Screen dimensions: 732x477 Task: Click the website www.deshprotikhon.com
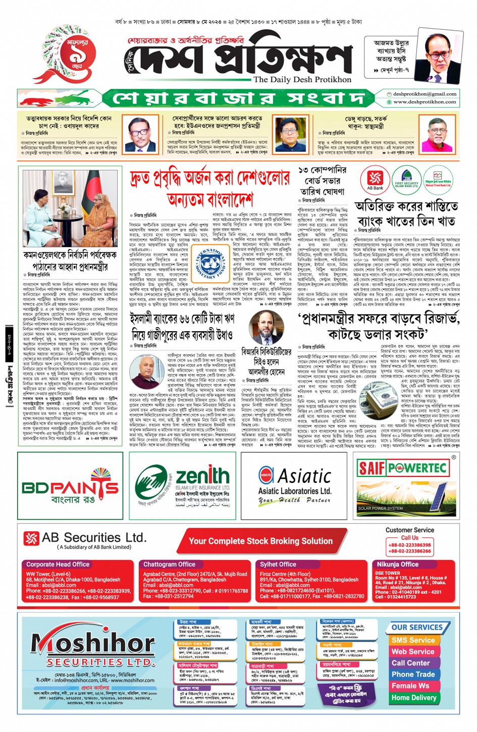(x=425, y=102)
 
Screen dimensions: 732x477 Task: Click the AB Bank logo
(x=375, y=181)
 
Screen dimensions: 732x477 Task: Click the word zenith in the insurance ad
(x=202, y=476)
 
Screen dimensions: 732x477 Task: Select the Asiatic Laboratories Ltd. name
(x=294, y=491)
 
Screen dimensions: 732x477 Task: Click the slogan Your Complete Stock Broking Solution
(x=260, y=541)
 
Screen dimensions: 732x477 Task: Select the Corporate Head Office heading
(x=58, y=564)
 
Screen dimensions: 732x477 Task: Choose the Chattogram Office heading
(x=169, y=564)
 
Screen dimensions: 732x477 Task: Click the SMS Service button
(x=413, y=640)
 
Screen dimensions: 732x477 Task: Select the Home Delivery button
(x=414, y=698)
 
